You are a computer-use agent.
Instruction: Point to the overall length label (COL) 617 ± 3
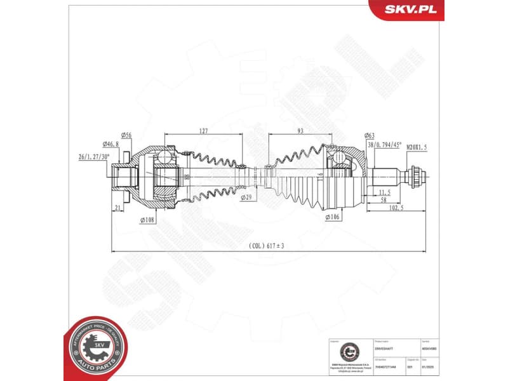click(267, 244)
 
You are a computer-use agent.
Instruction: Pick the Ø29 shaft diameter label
click(246, 198)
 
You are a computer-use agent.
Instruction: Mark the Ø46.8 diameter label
click(111, 145)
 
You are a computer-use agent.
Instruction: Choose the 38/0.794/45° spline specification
click(385, 145)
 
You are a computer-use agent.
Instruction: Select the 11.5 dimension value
click(384, 191)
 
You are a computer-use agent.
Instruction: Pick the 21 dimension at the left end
click(119, 208)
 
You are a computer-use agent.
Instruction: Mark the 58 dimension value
click(384, 200)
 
